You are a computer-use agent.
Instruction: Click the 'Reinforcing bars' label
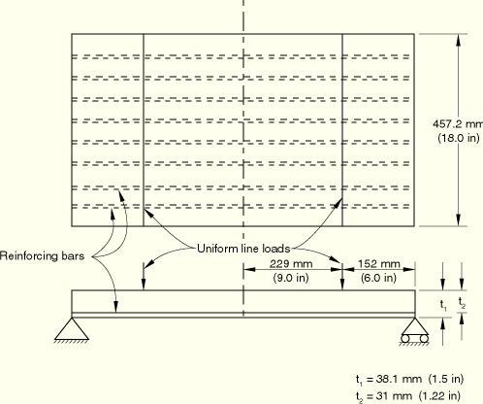[42, 256]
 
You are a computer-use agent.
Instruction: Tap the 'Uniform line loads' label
[243, 249]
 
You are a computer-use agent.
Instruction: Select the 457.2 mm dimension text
[458, 124]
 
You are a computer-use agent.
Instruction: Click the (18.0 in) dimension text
[459, 138]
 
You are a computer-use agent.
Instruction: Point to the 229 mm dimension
[291, 264]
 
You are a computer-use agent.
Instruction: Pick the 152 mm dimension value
[379, 264]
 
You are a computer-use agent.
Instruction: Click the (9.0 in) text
[291, 278]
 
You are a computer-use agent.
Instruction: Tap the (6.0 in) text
[378, 278]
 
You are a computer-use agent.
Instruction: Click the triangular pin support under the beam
[72, 329]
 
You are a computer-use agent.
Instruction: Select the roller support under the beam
[415, 330]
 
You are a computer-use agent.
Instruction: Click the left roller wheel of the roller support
[405, 339]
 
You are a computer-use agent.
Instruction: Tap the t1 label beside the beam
[443, 305]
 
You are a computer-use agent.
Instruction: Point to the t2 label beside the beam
[462, 303]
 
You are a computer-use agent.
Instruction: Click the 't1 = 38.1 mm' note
[389, 379]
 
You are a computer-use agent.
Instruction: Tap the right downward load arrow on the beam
[342, 276]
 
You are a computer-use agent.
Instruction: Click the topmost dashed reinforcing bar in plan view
[241, 56]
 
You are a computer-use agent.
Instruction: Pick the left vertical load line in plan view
[144, 130]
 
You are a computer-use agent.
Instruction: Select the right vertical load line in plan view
[342, 130]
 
